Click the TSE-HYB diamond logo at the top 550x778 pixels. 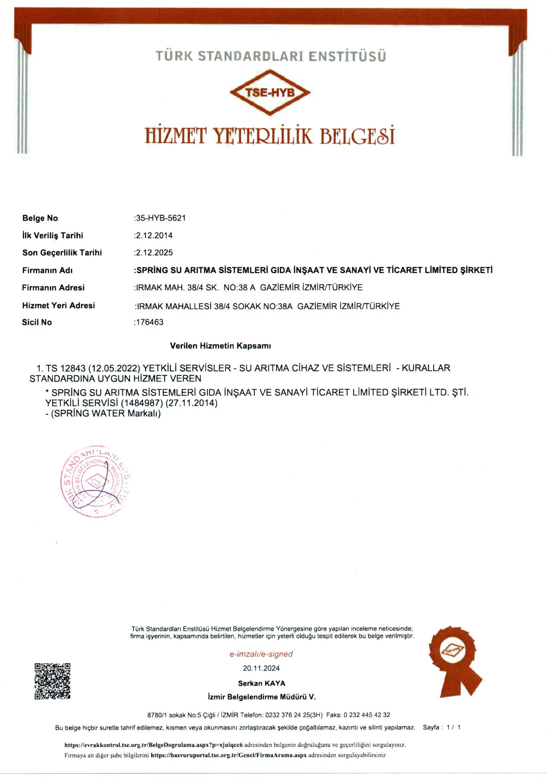pos(270,92)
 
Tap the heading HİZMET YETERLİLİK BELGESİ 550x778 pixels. pos(270,135)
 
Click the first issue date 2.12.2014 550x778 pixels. pos(154,236)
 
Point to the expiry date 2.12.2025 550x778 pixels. pos(154,253)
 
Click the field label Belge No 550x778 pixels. pos(40,218)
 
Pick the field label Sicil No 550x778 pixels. pos(37,322)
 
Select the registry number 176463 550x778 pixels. pos(149,322)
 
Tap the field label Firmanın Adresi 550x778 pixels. pos(53,288)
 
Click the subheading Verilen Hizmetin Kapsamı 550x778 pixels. pos(220,346)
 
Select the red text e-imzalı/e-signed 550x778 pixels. pos(261,654)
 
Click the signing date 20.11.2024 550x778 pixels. pos(261,668)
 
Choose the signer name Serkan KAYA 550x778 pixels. pos(261,683)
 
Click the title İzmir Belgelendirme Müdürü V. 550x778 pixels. pos(261,697)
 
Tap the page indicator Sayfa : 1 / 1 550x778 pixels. pos(441,727)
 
